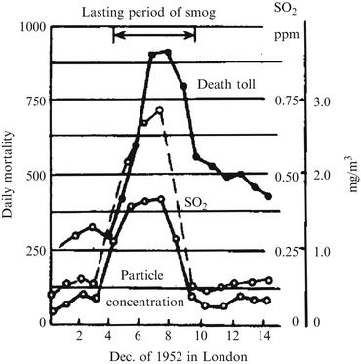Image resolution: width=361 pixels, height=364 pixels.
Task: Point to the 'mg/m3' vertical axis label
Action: tap(349, 176)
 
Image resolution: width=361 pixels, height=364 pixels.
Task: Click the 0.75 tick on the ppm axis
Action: tap(289, 101)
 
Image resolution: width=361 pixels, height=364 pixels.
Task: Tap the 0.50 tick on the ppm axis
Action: tap(289, 176)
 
